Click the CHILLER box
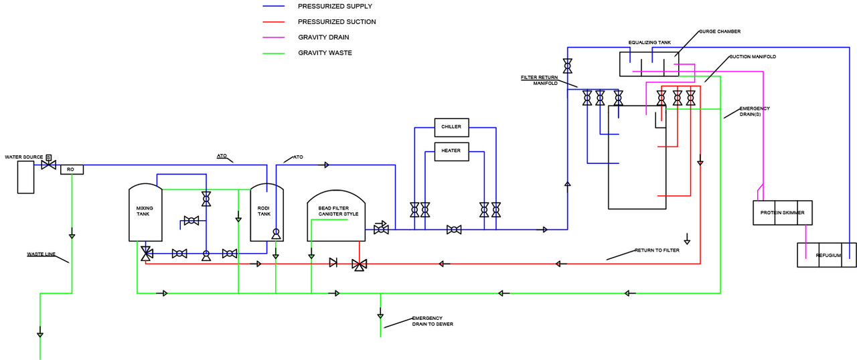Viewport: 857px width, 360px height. tap(451, 127)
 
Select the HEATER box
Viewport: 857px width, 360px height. tap(451, 151)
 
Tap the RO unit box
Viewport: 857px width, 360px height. tap(71, 169)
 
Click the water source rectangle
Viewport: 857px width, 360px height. tap(25, 177)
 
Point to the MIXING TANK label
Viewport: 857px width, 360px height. tap(145, 211)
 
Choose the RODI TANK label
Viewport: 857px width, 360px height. tap(264, 211)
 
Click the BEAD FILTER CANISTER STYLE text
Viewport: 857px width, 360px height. tap(338, 211)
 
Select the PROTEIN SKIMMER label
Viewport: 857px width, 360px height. tap(782, 213)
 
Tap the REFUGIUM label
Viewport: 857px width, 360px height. tap(827, 255)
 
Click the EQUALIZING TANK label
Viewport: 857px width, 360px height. tap(649, 42)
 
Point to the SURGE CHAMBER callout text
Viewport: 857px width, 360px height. tap(719, 31)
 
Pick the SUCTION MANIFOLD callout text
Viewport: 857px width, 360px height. tap(753, 57)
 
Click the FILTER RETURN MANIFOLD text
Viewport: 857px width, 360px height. tap(539, 80)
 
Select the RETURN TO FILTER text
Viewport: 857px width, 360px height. tap(657, 250)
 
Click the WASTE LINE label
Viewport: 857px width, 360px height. tap(41, 254)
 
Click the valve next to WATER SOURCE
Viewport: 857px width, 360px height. tap(48, 164)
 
